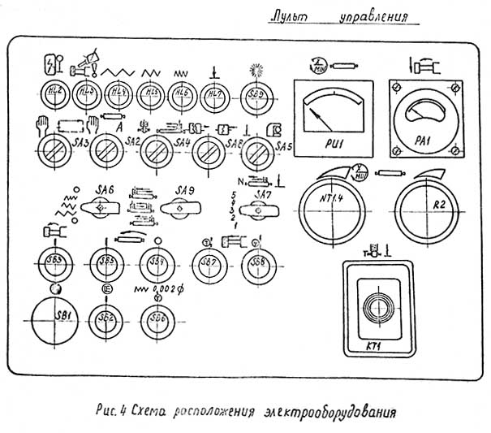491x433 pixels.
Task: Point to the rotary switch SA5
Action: (x=258, y=150)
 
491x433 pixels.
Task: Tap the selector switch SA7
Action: (x=259, y=212)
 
